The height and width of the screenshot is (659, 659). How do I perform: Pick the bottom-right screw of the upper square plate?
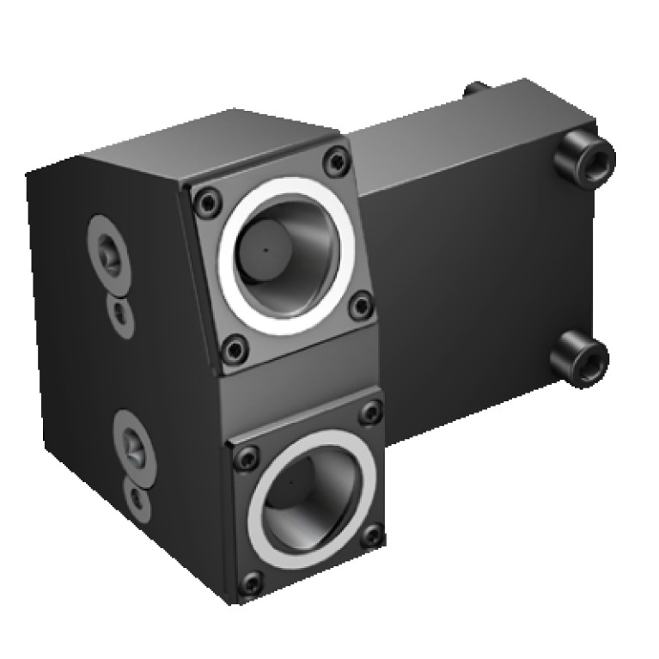362,305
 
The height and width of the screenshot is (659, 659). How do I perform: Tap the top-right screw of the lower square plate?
370,412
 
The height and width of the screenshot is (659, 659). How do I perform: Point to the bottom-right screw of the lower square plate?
372,535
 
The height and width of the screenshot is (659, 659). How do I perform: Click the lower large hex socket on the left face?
133,441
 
